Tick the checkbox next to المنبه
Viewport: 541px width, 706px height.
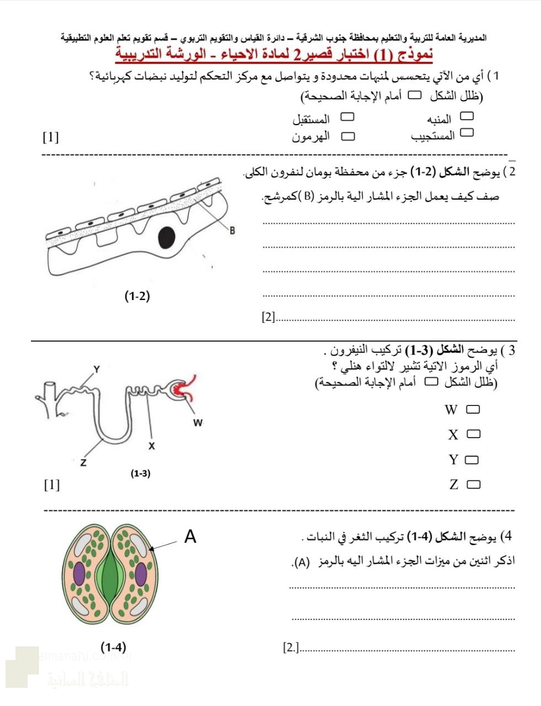click(467, 116)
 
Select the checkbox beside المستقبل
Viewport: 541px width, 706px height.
click(347, 117)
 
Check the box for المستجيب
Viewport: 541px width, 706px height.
click(467, 133)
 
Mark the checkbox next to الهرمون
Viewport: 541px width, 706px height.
click(348, 136)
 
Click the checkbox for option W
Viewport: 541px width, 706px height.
click(473, 410)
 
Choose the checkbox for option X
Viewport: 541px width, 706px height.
click(473, 435)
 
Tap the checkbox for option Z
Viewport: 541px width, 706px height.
click(473, 485)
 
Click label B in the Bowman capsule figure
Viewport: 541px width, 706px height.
click(232, 231)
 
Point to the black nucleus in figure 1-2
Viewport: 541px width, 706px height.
click(167, 237)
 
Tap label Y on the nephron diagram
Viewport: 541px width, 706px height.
click(97, 369)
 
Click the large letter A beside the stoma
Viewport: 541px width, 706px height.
click(190, 536)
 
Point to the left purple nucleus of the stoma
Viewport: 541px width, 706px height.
click(79, 574)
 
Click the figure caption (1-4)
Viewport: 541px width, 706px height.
click(113, 646)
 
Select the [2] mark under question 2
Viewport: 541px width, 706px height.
click(268, 317)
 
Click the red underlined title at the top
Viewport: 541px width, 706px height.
click(274, 55)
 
